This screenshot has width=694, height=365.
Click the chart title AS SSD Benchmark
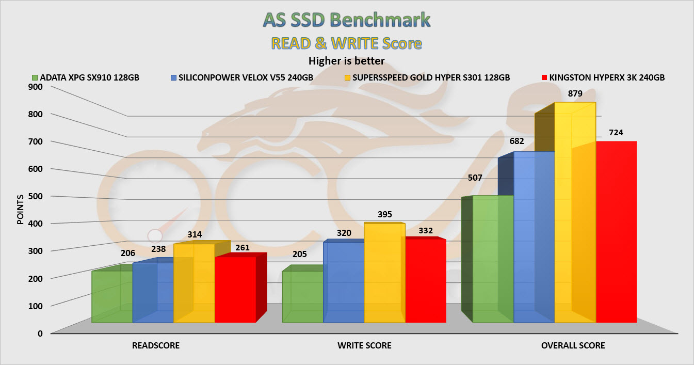(x=346, y=20)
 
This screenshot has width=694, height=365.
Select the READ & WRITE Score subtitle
(x=346, y=43)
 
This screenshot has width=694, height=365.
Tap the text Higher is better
(x=346, y=61)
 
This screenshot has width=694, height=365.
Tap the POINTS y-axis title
(x=20, y=210)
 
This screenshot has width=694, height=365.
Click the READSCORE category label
(x=155, y=345)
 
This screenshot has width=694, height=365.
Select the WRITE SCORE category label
(x=364, y=345)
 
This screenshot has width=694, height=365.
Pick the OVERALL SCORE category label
(x=573, y=345)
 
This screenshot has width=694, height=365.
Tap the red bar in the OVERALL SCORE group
(x=616, y=232)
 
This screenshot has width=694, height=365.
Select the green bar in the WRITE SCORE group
(x=302, y=297)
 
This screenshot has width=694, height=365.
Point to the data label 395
(x=385, y=214)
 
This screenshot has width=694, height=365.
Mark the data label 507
(x=475, y=178)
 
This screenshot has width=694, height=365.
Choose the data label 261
(x=243, y=248)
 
